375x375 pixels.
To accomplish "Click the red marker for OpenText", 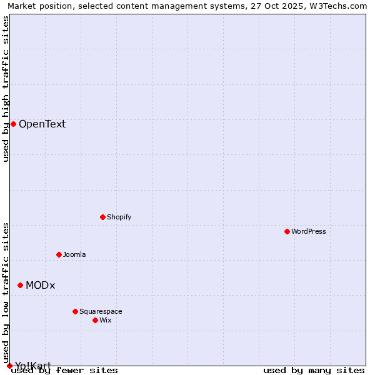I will point(13,124).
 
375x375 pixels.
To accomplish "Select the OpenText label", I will point(42,124).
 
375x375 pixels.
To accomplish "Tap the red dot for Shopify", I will point(102,217).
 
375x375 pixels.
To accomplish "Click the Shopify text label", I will point(119,217).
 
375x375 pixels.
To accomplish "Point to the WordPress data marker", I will point(287,231).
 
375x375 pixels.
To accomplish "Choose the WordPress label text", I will point(308,231).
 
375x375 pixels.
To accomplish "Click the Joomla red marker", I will point(59,254).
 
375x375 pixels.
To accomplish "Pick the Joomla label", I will point(74,254).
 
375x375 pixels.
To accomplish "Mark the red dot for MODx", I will point(20,285).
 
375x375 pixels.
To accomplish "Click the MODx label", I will point(40,285).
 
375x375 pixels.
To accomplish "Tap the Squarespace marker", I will point(75,311).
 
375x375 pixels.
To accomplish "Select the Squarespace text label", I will point(101,311).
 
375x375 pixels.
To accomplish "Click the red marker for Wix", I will point(95,320).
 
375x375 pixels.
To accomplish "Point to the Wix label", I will point(106,320).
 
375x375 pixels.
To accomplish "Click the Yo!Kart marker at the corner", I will point(9,366).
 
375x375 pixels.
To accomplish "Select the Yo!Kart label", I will point(32,366).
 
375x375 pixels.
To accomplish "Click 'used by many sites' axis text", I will point(313,370).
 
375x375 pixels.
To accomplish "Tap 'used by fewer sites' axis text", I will point(64,370).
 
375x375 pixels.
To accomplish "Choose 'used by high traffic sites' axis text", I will point(6,89).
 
